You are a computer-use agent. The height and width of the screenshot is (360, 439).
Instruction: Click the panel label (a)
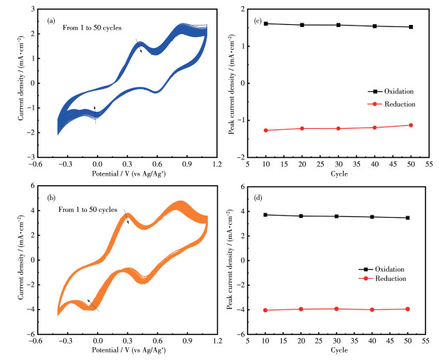click(x=51, y=21)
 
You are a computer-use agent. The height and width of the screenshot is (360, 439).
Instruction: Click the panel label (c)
click(x=258, y=20)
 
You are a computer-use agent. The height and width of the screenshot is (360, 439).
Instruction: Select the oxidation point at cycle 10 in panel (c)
click(x=266, y=23)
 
